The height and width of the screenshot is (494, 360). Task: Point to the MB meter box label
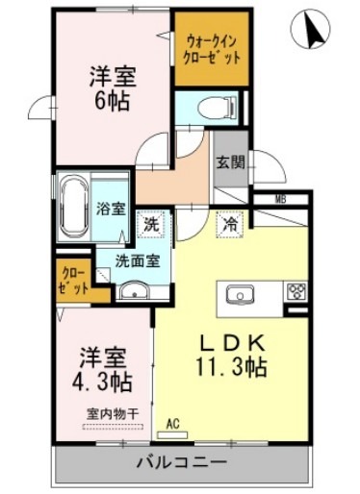click(281, 199)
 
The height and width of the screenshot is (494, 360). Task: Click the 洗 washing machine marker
click(150, 223)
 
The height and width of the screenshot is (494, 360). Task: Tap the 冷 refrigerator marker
click(231, 223)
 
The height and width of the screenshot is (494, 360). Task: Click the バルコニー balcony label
click(181, 463)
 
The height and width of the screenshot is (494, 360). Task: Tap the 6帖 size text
click(113, 100)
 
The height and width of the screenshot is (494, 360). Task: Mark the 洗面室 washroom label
click(138, 259)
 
